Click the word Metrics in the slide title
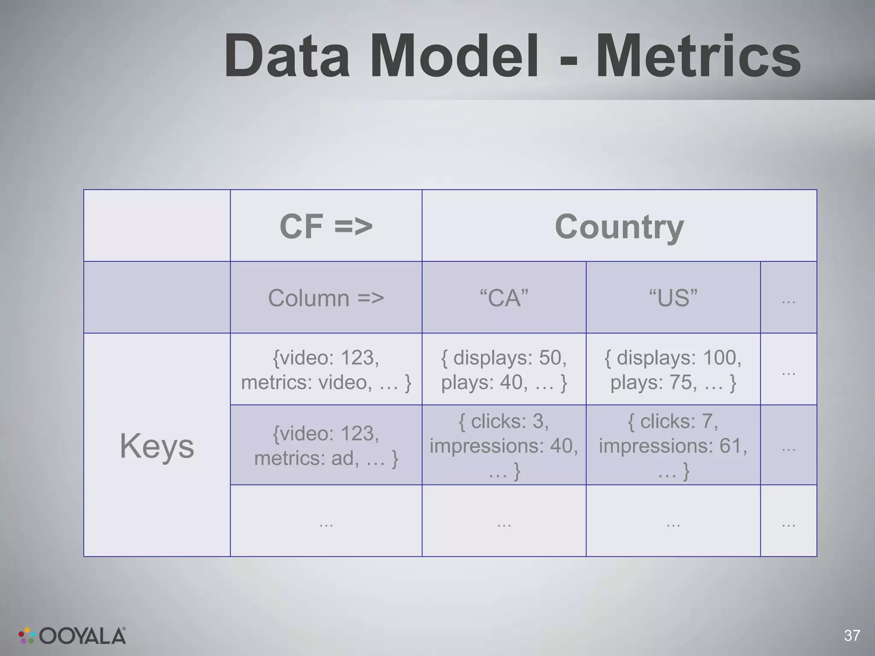698,56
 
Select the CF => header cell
326,226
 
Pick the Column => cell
326,298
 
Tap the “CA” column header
504,298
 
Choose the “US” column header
673,298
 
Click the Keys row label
157,445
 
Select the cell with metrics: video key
326,369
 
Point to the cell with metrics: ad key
326,445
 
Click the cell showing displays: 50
504,369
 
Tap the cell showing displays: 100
673,369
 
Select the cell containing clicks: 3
504,445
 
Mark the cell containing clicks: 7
673,445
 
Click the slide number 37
852,635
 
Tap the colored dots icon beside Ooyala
26,635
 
